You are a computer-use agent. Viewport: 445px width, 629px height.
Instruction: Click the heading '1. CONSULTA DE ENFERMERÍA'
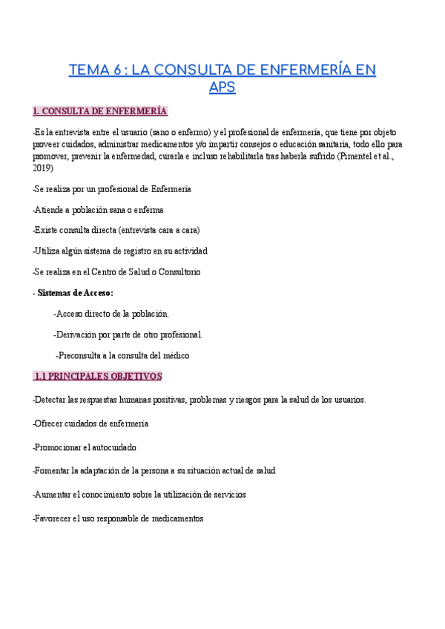pyautogui.click(x=100, y=112)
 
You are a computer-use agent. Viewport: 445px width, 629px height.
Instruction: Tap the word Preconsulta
pyautogui.click(x=84, y=355)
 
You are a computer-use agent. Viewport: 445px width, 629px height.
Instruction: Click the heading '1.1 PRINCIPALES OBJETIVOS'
pyautogui.click(x=98, y=377)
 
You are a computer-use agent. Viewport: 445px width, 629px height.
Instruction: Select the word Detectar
pyautogui.click(x=50, y=400)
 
